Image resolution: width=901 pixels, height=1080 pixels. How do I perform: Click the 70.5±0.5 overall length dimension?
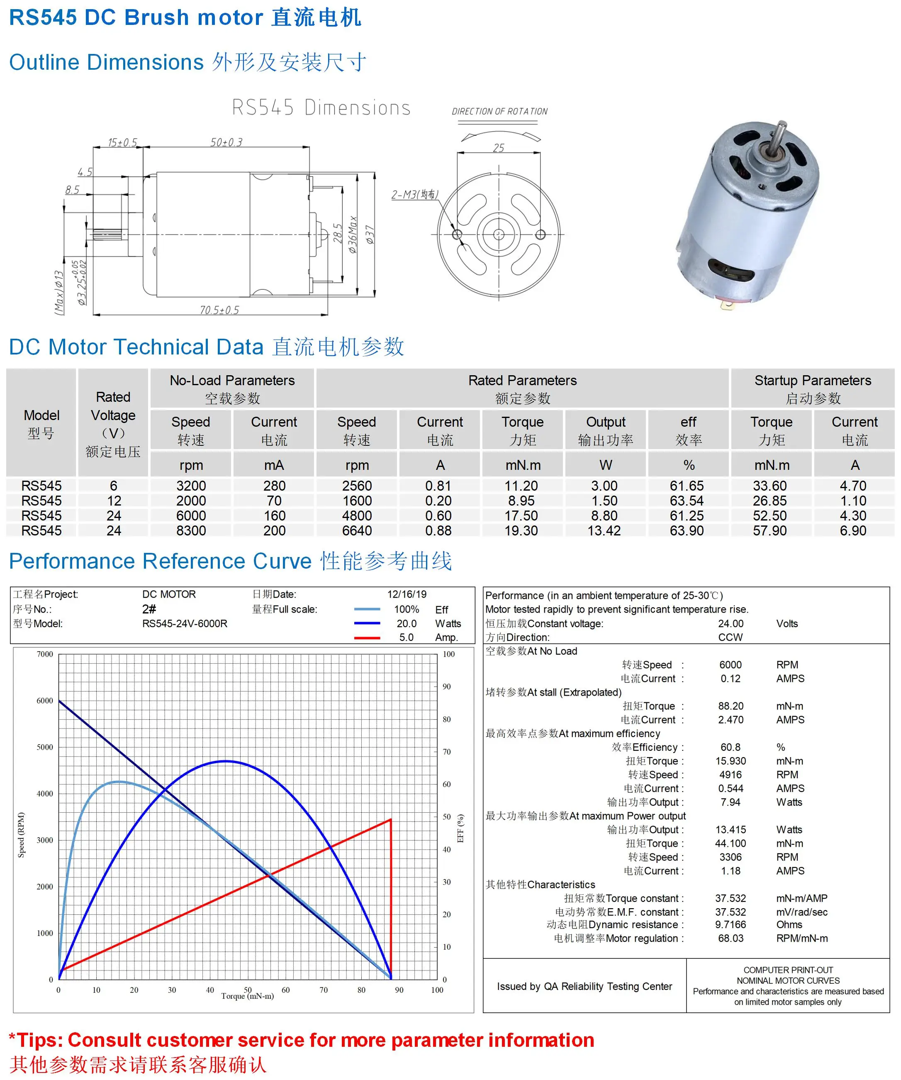(219, 310)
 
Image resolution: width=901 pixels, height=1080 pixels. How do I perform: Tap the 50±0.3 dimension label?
(226, 142)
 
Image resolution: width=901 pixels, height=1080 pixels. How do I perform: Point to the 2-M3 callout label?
(414, 194)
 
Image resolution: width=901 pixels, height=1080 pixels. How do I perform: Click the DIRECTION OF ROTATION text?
(499, 111)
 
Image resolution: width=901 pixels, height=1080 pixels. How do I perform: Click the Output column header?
(606, 422)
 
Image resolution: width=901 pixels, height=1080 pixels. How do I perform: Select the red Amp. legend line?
(367, 637)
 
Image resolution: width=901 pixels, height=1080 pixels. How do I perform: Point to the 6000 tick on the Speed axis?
(45, 701)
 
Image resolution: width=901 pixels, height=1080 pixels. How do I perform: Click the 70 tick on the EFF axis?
(447, 751)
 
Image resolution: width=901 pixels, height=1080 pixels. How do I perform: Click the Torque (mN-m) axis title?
(247, 996)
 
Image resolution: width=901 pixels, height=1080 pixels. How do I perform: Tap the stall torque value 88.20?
(731, 706)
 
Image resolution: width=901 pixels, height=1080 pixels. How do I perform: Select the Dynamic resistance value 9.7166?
(731, 924)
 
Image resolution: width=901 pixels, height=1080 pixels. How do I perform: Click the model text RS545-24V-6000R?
(185, 623)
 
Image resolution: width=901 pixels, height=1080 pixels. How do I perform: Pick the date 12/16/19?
(407, 594)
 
